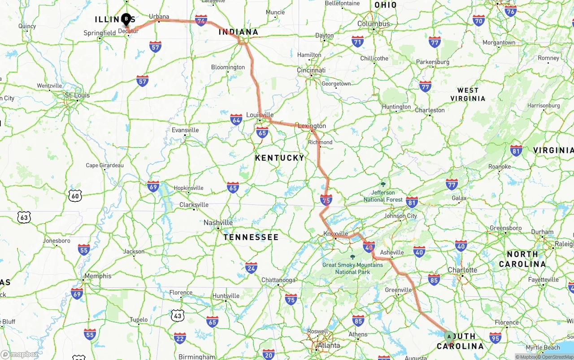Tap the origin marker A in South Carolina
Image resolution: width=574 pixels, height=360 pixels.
point(449,337)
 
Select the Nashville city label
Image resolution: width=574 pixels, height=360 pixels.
point(218,222)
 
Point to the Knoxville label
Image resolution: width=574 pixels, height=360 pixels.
point(335,234)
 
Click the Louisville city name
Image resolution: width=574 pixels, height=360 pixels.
point(260,115)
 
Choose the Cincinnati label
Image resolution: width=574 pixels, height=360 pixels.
point(311,70)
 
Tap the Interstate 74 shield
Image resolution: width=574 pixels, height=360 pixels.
point(201,20)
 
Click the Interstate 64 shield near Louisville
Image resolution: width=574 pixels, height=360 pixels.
point(236,119)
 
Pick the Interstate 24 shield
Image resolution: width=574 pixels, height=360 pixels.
point(251,268)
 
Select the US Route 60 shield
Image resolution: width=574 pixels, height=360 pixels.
point(75,195)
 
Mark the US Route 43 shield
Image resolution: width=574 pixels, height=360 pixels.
point(178,315)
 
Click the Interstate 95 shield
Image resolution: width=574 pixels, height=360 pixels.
point(496,338)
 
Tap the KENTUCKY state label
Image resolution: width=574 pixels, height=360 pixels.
point(279,158)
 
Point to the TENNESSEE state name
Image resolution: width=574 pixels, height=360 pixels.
point(251,237)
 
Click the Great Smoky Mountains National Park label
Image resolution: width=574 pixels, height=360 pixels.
point(352,268)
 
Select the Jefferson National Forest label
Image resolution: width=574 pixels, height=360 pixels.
point(383,196)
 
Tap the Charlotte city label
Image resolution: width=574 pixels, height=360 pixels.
point(462,270)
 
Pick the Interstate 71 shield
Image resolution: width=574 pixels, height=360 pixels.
point(357,42)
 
